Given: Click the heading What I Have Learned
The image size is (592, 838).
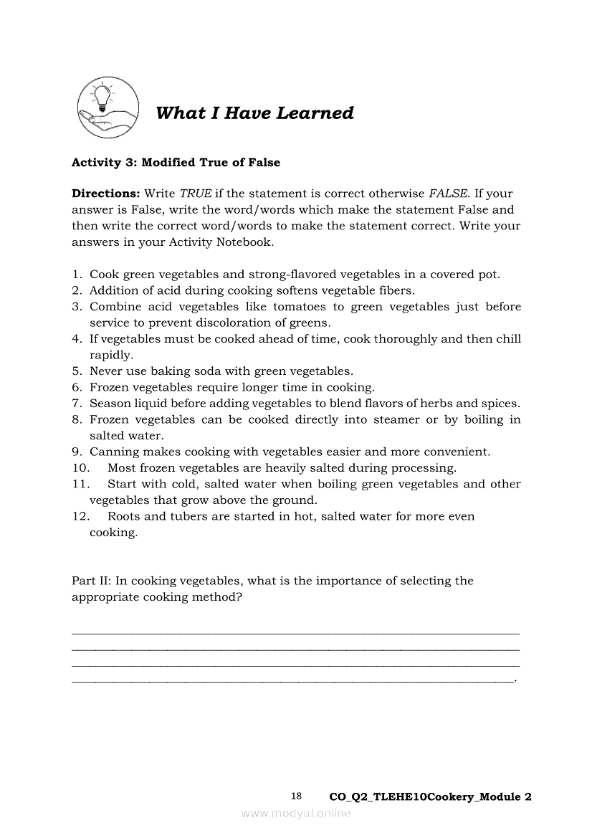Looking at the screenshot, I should [x=254, y=113].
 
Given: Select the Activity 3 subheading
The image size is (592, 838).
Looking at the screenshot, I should [x=176, y=163].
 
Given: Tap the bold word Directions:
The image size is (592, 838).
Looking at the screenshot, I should [x=105, y=194].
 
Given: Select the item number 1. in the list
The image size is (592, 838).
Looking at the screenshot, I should [x=77, y=275].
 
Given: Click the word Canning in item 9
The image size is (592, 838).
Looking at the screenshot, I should [x=113, y=452].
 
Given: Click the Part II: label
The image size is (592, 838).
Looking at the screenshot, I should [x=90, y=581].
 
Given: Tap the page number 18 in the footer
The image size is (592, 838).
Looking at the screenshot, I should [x=297, y=796].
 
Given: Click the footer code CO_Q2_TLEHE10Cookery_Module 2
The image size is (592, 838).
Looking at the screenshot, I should [x=430, y=797].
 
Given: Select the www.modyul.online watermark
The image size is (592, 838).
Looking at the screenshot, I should [x=296, y=813].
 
